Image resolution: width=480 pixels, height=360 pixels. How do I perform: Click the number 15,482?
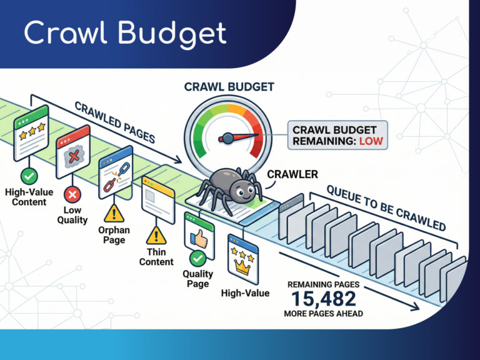(x=324, y=299)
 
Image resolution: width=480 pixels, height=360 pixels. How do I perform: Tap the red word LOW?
(x=371, y=141)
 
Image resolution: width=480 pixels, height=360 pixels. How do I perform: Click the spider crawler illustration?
(x=230, y=189)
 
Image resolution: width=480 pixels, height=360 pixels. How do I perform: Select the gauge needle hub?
(x=227, y=138)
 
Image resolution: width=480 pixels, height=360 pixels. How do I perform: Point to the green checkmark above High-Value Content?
(x=29, y=176)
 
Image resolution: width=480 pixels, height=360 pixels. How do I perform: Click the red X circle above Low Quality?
(x=72, y=195)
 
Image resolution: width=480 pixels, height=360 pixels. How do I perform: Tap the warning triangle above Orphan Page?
(x=114, y=213)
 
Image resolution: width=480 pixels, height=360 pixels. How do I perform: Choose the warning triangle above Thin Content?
(x=156, y=236)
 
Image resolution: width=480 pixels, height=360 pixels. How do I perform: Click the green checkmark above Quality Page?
(x=197, y=259)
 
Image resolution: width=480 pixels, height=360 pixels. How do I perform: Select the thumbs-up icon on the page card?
(x=199, y=239)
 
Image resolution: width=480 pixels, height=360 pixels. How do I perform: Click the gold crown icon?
(x=242, y=267)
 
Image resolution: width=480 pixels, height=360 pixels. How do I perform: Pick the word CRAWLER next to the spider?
(x=292, y=174)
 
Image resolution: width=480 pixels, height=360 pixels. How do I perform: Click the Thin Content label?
(x=156, y=257)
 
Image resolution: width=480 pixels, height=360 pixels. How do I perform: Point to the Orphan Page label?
(x=114, y=235)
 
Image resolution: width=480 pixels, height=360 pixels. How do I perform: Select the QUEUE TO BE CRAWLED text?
(x=386, y=208)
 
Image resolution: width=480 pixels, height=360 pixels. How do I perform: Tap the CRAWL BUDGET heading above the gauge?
(x=229, y=87)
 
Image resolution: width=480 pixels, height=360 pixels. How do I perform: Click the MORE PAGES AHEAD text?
(x=324, y=314)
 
